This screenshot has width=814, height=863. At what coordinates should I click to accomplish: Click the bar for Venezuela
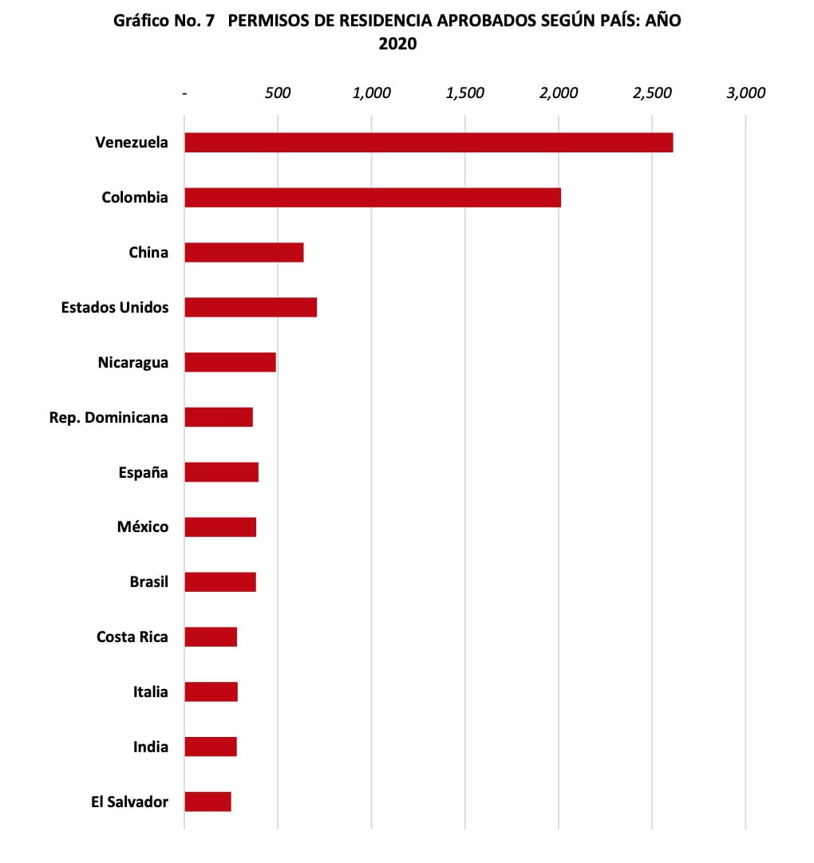[x=429, y=143]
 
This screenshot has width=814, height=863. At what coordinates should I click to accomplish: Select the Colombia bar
[x=373, y=198]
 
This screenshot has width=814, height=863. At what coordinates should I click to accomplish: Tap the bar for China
[x=244, y=253]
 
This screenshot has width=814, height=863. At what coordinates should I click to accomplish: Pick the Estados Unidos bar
[x=251, y=307]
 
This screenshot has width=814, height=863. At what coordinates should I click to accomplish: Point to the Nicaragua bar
[x=230, y=362]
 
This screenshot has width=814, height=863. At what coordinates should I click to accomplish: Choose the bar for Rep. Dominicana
[x=219, y=417]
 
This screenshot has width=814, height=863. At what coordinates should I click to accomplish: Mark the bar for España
[x=222, y=472]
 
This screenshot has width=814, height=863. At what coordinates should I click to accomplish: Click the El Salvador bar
[x=207, y=802]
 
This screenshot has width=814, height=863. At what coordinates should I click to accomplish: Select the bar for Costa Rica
[x=211, y=636]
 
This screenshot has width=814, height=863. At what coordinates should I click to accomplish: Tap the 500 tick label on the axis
[x=278, y=93]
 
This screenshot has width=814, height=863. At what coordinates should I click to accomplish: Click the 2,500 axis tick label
[x=652, y=93]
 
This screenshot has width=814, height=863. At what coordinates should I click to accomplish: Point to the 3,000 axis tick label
[x=745, y=93]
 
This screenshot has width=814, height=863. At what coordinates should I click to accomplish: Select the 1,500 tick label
[x=465, y=93]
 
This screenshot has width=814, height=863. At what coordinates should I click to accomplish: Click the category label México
[x=143, y=527]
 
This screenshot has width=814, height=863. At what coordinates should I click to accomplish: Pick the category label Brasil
[x=149, y=581]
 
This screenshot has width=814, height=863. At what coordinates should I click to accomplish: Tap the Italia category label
[x=151, y=692]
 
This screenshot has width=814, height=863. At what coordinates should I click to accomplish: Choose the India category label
[x=151, y=747]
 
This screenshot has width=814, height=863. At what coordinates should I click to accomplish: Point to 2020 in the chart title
[x=397, y=45]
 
